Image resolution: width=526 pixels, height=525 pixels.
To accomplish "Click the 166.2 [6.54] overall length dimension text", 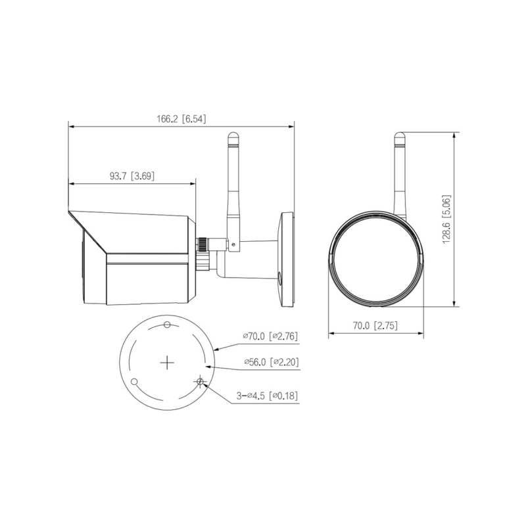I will (x=181, y=120).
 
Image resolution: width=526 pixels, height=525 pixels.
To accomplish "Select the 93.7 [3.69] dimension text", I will (x=131, y=175).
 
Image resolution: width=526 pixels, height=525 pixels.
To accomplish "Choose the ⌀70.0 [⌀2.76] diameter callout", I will (x=270, y=336).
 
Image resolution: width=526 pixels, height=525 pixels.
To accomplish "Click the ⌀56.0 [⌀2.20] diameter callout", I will (x=270, y=362).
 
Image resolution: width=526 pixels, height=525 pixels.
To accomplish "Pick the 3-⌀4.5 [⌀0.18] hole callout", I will (x=268, y=396).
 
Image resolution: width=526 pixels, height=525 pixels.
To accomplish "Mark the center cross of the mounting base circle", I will (x=168, y=361).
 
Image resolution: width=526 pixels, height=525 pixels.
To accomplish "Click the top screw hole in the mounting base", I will (x=168, y=325).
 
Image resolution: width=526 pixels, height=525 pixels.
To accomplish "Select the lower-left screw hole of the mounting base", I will (x=134, y=381).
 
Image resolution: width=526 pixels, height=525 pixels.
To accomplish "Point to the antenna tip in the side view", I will (x=232, y=137).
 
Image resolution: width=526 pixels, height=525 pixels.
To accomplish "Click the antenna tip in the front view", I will (x=399, y=137).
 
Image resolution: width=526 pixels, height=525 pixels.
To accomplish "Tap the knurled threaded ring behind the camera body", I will (x=203, y=253).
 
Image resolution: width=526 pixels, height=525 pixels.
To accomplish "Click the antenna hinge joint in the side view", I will (x=233, y=244).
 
